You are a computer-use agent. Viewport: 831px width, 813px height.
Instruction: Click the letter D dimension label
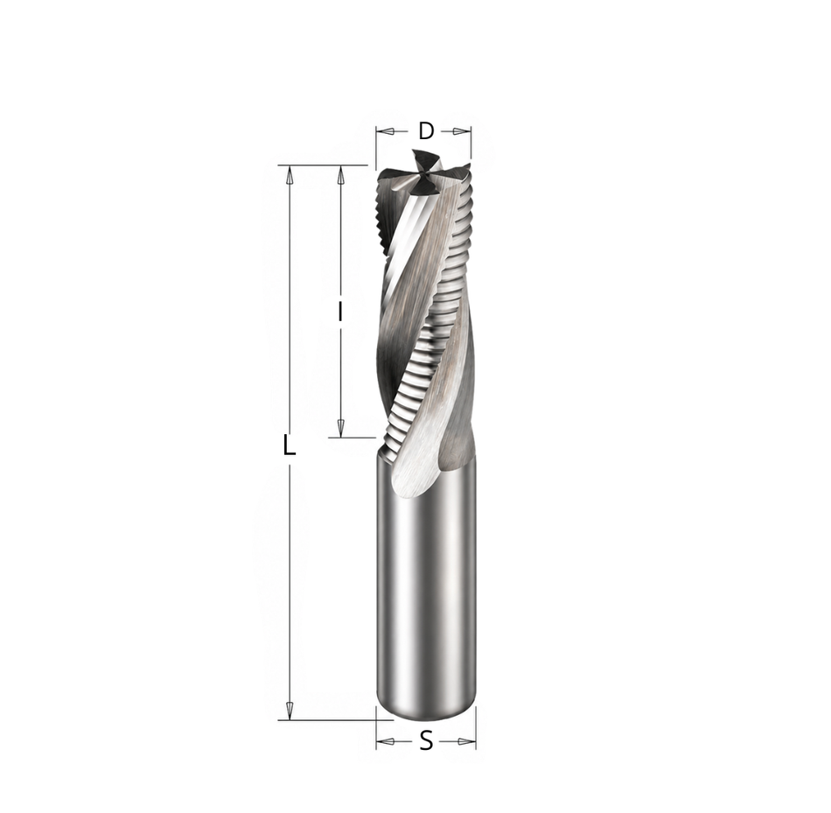click(426, 131)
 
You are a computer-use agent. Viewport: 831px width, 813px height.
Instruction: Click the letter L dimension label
click(289, 445)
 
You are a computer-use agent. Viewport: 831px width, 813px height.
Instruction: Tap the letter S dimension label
click(426, 741)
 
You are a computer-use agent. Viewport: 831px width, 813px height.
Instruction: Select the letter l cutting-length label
click(340, 312)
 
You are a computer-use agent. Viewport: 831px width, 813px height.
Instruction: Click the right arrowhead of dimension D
click(462, 131)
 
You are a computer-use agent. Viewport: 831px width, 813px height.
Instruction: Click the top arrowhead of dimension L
click(289, 175)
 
